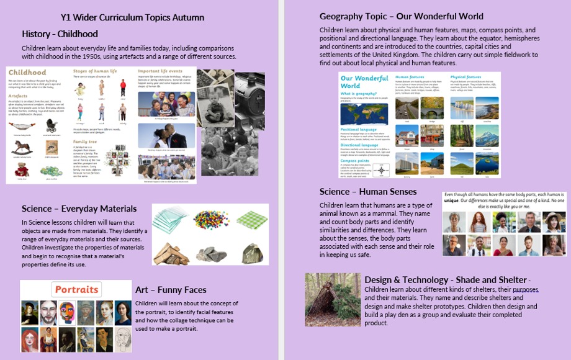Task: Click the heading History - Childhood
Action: [x=60, y=34]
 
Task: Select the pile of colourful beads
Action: [x=211, y=219]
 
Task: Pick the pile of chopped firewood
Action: [x=171, y=252]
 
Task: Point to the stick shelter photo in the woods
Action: [x=329, y=300]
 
